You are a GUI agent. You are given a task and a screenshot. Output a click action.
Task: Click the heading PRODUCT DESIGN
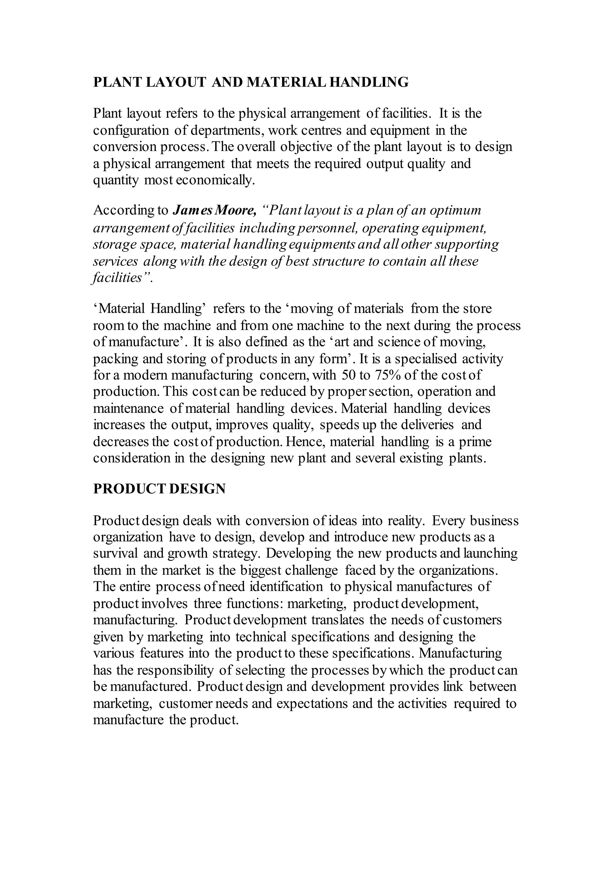159,489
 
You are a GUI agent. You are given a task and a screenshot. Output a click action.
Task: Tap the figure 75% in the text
387,375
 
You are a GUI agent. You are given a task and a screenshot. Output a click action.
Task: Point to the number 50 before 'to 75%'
348,375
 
